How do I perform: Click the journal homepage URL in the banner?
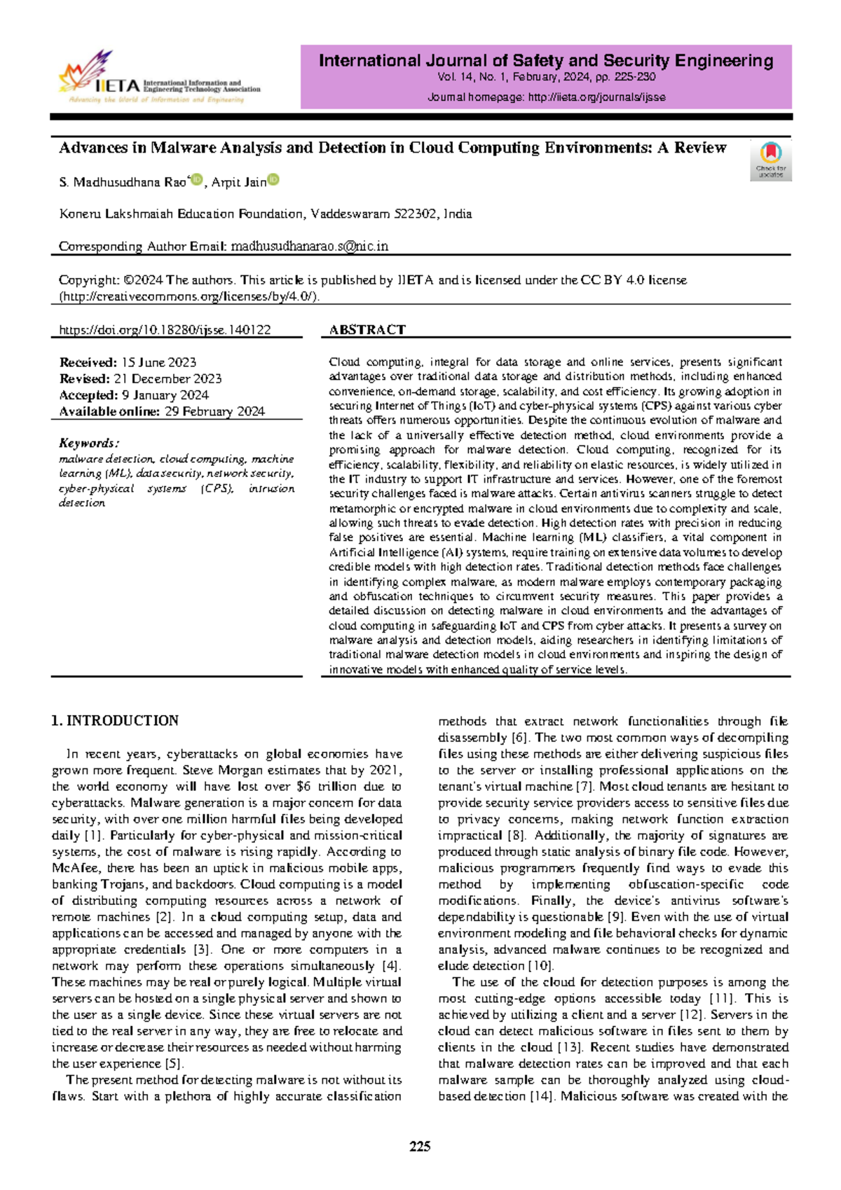pos(596,97)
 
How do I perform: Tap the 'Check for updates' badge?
pos(770,161)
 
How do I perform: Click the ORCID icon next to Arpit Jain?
pos(273,181)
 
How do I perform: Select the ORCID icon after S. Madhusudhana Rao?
pos(197,181)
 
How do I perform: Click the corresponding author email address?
pos(310,247)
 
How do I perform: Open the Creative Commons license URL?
pos(189,296)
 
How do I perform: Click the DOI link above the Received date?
pos(165,330)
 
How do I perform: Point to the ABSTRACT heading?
pos(367,330)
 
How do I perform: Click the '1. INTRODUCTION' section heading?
pos(115,721)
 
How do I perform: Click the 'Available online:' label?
pos(109,412)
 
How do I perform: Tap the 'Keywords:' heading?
pos(89,443)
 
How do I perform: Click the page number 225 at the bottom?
pos(420,1147)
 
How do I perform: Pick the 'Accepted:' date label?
pos(88,395)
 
